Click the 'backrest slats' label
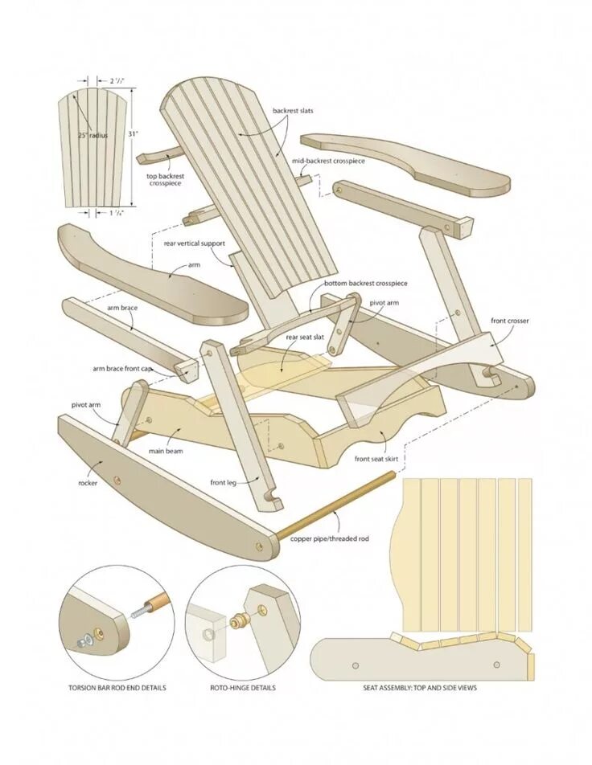click(x=293, y=111)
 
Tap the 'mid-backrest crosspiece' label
click(x=328, y=161)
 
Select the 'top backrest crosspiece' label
click(x=163, y=179)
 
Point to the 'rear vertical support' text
click(x=195, y=243)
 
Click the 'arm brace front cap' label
click(x=121, y=368)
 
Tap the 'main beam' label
click(x=165, y=451)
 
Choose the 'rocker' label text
click(x=88, y=483)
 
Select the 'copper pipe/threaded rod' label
click(x=330, y=538)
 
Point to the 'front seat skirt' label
click(x=376, y=459)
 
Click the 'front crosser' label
click(x=510, y=321)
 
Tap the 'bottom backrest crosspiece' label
click(x=366, y=284)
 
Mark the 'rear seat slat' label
click(x=305, y=337)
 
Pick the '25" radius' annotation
click(x=92, y=136)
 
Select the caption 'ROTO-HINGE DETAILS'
click(x=243, y=688)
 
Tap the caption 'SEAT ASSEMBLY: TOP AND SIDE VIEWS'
click(x=421, y=688)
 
